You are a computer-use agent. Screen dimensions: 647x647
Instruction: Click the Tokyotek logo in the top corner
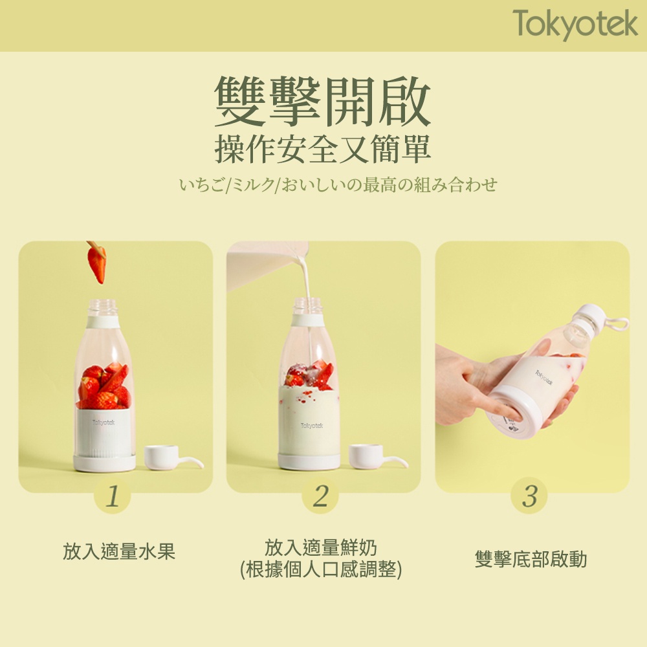click(x=575, y=24)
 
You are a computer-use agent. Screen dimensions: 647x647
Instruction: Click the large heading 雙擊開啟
click(x=323, y=101)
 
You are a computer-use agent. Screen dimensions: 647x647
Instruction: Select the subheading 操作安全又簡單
click(x=323, y=149)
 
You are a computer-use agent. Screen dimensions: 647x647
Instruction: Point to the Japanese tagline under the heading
click(x=338, y=184)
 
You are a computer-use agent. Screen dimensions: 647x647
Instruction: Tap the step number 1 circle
click(x=112, y=495)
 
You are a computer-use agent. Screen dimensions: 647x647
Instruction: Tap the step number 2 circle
click(x=320, y=495)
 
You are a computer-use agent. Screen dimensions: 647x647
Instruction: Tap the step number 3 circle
click(x=529, y=495)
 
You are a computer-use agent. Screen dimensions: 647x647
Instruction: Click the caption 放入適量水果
click(x=119, y=551)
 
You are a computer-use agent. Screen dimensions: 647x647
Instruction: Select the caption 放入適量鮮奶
click(x=321, y=547)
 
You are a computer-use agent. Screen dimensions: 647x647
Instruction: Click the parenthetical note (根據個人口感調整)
click(x=321, y=569)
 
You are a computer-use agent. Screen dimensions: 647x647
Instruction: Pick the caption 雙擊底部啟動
click(x=531, y=559)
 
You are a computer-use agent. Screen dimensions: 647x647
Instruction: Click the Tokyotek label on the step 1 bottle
click(x=104, y=422)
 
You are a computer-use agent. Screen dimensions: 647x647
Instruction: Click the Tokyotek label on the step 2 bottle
click(x=312, y=426)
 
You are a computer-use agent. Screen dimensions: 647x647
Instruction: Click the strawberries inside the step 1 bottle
click(x=104, y=386)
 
